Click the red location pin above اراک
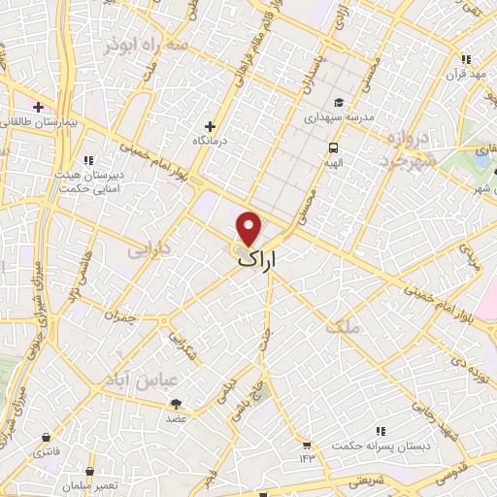pos(250,227)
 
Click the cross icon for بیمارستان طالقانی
pos(38,107)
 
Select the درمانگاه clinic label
pos(208,141)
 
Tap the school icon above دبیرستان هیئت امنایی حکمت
pos(87,160)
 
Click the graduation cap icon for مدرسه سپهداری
pos(338,102)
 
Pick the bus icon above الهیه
pos(333,148)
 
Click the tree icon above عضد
pos(177,404)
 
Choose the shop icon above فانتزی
pos(45,434)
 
